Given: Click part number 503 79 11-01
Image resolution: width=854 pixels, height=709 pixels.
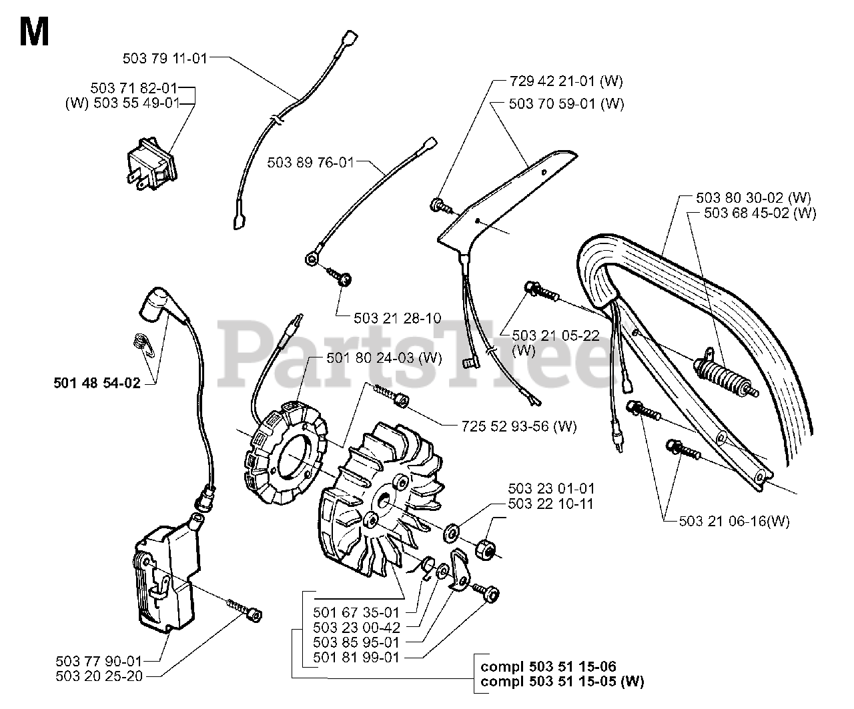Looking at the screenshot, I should point(165,58).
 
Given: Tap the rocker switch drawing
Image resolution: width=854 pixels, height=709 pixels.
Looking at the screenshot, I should point(151,166).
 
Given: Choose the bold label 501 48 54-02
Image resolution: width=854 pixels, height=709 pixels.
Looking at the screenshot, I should point(97,384).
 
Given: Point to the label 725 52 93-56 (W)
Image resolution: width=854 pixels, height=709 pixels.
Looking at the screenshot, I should point(518,426).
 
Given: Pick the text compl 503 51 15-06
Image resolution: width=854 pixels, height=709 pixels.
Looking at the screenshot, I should point(548,666).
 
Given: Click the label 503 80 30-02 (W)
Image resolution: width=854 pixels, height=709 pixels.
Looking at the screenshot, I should point(753,197).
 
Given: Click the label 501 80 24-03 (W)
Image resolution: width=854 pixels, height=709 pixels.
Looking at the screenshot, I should point(384,358).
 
